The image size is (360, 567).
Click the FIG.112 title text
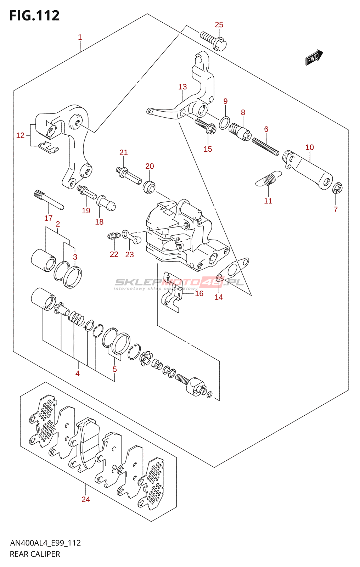click(x=34, y=16)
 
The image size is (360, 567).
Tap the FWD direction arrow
click(x=314, y=57)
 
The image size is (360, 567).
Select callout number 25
click(x=219, y=25)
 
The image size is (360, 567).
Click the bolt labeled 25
click(x=213, y=41)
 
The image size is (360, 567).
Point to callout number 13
click(x=182, y=87)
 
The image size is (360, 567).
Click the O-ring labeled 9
click(x=224, y=123)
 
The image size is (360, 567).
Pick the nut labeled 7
click(x=337, y=188)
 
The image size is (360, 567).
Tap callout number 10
click(x=309, y=147)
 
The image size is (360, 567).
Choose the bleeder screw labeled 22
click(x=113, y=236)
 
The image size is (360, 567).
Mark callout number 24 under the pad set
click(x=86, y=499)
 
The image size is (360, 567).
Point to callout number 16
click(x=199, y=293)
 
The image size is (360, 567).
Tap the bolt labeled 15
click(x=206, y=126)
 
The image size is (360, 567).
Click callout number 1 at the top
click(x=80, y=37)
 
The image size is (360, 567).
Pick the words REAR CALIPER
click(x=35, y=554)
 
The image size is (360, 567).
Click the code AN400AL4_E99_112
click(x=45, y=543)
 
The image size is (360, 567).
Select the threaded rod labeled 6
click(x=265, y=146)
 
